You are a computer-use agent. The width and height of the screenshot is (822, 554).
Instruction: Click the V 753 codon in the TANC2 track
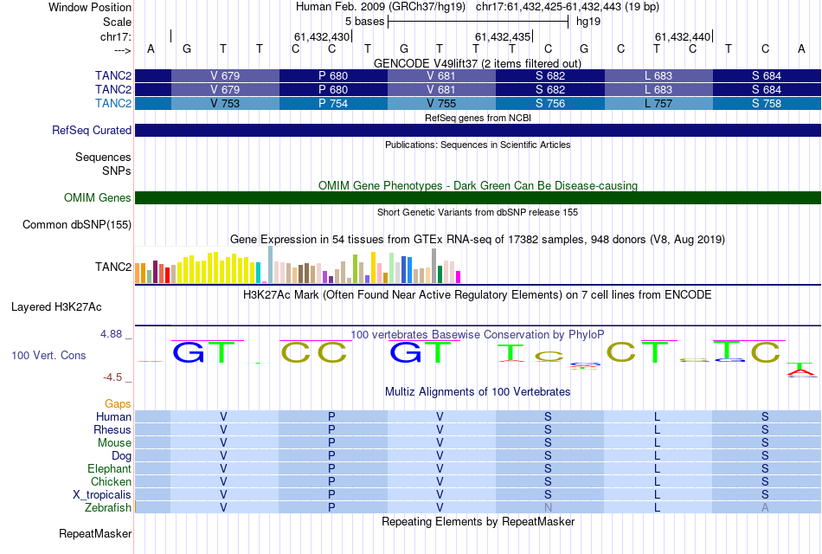(225, 104)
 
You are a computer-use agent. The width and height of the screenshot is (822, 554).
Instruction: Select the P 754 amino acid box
(333, 104)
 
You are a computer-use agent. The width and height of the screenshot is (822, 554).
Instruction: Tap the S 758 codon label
(766, 104)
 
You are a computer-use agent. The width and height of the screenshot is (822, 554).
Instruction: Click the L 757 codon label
(658, 104)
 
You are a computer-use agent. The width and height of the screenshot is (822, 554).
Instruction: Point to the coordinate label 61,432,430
(322, 36)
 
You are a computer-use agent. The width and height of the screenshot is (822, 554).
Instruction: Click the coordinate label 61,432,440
(683, 36)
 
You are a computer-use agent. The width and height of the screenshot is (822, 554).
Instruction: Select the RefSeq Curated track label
(92, 131)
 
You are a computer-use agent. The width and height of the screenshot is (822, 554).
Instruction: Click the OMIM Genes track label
(98, 198)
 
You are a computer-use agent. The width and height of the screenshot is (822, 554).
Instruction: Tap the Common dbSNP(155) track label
(77, 225)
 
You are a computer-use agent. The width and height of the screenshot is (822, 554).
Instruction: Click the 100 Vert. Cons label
(48, 355)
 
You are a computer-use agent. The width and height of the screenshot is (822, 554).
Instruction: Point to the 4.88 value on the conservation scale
(114, 333)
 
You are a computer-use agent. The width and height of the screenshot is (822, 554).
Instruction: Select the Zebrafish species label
(108, 507)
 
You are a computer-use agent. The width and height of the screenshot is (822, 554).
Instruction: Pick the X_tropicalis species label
(102, 494)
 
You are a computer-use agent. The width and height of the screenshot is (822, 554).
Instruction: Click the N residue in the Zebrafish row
(548, 507)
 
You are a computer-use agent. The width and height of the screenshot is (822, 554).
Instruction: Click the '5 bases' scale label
(359, 21)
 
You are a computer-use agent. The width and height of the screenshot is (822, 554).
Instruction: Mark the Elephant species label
(109, 468)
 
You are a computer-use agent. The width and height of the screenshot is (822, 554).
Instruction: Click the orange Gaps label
(118, 403)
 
